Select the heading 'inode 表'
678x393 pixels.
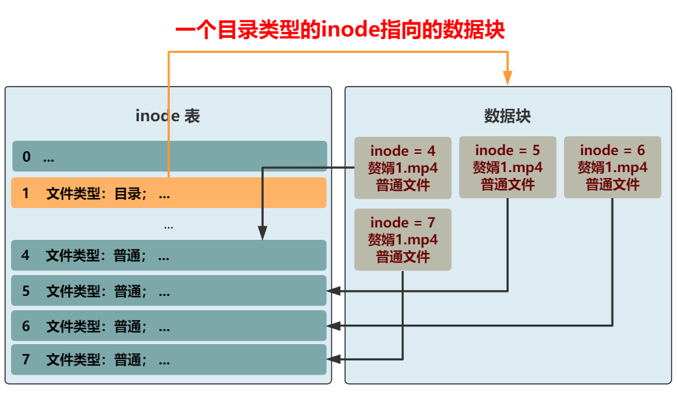(167, 116)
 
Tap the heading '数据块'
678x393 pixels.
(507, 116)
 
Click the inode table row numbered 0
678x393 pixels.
(169, 156)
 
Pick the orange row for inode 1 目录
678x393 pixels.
(169, 193)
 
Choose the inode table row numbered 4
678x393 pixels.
(169, 255)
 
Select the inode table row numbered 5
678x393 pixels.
(169, 291)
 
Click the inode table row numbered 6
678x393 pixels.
(169, 326)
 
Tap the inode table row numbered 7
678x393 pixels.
(169, 360)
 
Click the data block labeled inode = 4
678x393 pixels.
(403, 168)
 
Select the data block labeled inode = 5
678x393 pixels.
(507, 167)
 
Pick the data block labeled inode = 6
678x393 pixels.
(612, 167)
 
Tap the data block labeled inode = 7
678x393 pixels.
(403, 240)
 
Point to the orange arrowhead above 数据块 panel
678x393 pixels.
(507, 78)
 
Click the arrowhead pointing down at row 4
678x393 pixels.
(262, 233)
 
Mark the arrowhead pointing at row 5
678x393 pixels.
(333, 291)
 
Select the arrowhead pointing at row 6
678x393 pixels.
(333, 325)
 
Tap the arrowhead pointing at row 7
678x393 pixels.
(333, 359)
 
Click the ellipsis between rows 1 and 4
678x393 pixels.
(169, 226)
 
